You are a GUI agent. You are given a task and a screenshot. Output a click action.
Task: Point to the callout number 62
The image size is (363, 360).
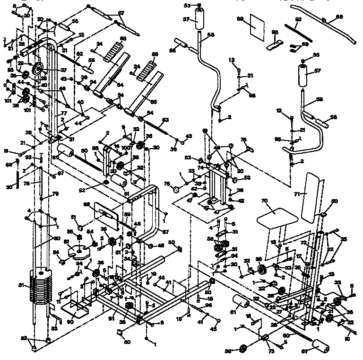(x=80, y=53)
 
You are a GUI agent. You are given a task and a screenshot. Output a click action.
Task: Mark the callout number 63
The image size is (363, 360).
(x=165, y=120)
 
